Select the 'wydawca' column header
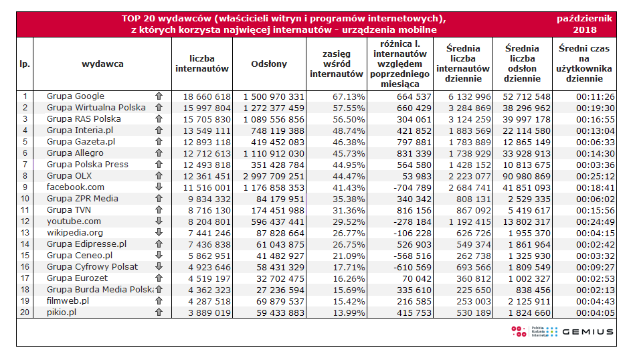coord(102,64)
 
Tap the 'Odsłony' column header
coord(269,64)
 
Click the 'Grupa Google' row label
coord(76,96)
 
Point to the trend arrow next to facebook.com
coord(159,187)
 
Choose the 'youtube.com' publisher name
coord(74,221)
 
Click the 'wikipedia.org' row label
coord(75,233)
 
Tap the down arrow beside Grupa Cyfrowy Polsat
coord(159,267)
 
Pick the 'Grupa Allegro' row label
coord(75,153)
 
